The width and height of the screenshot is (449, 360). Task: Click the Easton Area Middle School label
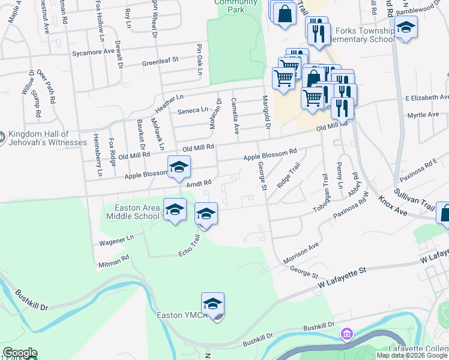tap(133, 212)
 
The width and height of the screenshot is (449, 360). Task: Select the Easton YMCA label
tap(182, 315)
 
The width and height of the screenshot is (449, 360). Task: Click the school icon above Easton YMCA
tap(212, 304)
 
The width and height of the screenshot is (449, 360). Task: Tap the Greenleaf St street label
tap(160, 61)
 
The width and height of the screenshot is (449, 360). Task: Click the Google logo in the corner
tap(19, 353)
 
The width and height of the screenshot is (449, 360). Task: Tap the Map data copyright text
tap(412, 355)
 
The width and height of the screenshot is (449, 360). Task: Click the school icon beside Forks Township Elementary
tap(406, 28)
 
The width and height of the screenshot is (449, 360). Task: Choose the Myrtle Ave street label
tap(423, 115)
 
